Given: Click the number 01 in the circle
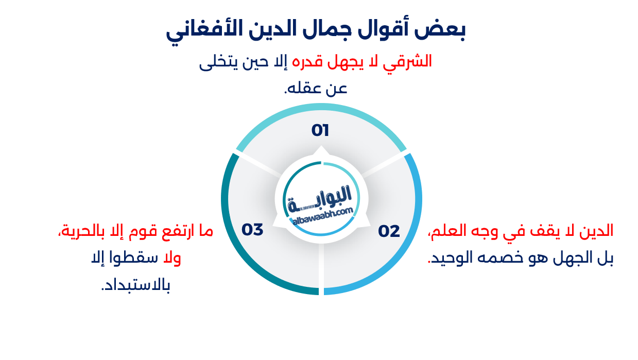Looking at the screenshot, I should (320, 131).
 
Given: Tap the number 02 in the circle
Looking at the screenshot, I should (389, 232).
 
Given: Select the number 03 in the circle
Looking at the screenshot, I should (252, 230).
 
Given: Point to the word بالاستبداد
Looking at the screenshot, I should (136, 285).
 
